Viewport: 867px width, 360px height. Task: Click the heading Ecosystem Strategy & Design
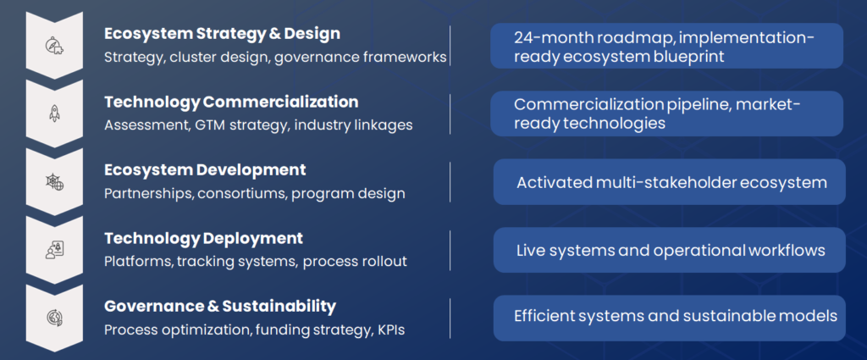pos(223,34)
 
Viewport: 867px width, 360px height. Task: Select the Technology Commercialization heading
pos(231,102)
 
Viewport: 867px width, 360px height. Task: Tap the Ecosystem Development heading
pos(205,170)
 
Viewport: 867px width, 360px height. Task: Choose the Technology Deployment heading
pos(203,239)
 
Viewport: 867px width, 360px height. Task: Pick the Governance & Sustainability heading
pos(220,307)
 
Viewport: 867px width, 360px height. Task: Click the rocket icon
pos(54,114)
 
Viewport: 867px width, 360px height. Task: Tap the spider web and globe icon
pos(54,182)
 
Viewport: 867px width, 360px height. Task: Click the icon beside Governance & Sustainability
pos(54,318)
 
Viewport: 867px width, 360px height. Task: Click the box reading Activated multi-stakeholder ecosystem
pos(669,182)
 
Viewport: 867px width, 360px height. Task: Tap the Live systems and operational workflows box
pos(669,250)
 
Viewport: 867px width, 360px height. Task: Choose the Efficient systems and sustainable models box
pos(669,318)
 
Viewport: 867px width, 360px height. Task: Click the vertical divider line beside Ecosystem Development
pos(450,182)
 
